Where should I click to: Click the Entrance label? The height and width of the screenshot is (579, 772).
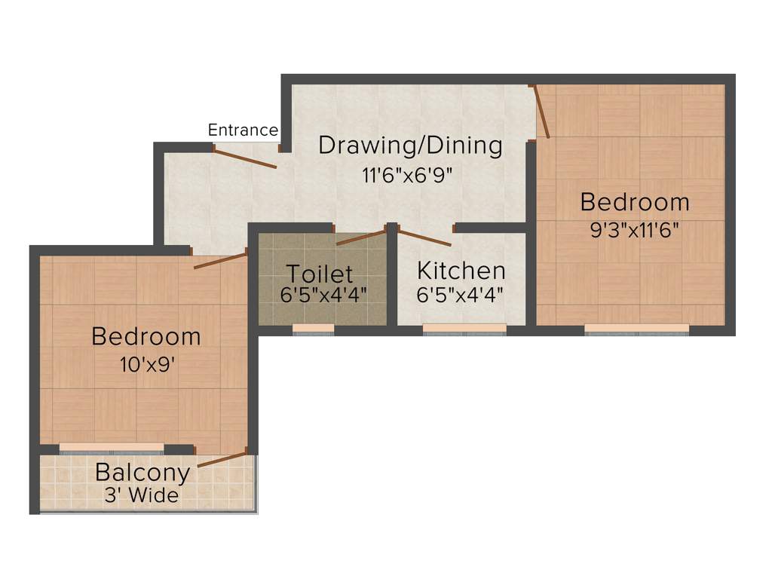tap(243, 130)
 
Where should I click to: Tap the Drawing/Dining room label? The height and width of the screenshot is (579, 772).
tap(410, 145)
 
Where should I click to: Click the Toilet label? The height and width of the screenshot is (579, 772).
tap(319, 273)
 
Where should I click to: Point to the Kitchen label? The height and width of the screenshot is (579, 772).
tap(461, 270)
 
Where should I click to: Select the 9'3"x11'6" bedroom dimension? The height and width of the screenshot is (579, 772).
tap(635, 229)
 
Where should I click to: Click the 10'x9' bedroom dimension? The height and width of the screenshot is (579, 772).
tap(147, 365)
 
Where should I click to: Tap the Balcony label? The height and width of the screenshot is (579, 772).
tap(142, 473)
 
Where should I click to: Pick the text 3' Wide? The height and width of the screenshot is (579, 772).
tap(142, 495)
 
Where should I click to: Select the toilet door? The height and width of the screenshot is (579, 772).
tap(361, 237)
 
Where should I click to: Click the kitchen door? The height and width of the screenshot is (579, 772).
tap(424, 237)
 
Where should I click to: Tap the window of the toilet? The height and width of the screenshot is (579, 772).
tap(313, 328)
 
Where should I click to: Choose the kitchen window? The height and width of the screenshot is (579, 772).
tap(464, 328)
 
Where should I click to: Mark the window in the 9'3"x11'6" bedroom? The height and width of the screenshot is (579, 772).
tap(636, 328)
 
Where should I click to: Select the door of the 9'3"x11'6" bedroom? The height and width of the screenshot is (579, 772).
tap(542, 112)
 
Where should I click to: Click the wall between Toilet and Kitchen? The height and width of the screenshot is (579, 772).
tap(392, 279)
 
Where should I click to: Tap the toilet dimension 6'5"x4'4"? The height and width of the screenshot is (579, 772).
tap(323, 295)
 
